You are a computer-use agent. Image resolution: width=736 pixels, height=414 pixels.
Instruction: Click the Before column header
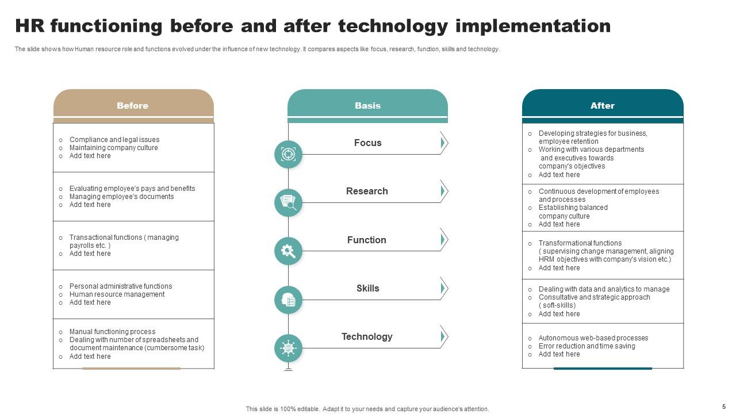[x=133, y=105]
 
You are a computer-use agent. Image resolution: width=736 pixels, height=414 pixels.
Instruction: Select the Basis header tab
[x=367, y=105]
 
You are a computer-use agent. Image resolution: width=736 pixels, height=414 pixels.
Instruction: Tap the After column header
[x=602, y=105]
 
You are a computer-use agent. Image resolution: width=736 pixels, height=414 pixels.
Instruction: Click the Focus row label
[x=367, y=143]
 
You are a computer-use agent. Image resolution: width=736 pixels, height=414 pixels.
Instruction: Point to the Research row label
[x=367, y=191]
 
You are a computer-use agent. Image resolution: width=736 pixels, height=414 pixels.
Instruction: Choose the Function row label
[x=367, y=240]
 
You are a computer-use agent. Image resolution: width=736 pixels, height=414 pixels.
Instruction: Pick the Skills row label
[x=367, y=288]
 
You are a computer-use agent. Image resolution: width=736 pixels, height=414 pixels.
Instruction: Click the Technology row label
[x=367, y=336]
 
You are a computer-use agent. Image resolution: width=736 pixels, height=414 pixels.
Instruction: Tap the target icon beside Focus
[x=288, y=154]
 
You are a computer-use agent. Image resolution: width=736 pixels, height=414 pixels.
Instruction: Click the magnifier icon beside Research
[x=288, y=202]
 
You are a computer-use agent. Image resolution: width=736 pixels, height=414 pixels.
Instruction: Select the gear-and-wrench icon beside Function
[x=288, y=251]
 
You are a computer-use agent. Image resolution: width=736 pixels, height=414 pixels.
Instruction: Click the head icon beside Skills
[x=288, y=300]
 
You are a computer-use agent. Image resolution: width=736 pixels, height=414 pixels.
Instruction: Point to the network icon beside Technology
[x=288, y=348]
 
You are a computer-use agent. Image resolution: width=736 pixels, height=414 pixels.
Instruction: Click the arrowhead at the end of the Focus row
[x=443, y=143]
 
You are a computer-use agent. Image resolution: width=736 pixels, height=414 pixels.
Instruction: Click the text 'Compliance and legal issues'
[x=114, y=140]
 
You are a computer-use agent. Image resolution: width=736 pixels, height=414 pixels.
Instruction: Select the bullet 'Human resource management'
[x=117, y=294]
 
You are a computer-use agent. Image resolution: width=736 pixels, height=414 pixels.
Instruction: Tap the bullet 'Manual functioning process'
[x=112, y=332]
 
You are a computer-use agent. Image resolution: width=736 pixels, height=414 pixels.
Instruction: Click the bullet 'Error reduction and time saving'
[x=586, y=346]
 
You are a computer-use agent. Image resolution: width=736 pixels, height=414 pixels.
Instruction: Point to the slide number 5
[x=724, y=406]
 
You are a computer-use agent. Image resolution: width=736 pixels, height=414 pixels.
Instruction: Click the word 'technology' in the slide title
[x=393, y=26]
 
